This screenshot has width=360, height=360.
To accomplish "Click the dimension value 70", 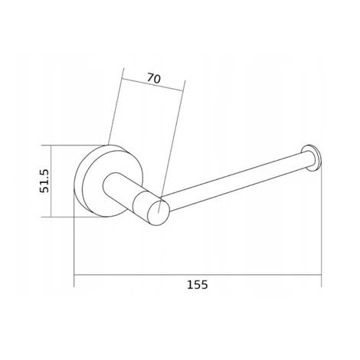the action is tap(154, 78).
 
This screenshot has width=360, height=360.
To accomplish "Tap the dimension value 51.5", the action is tap(45, 181).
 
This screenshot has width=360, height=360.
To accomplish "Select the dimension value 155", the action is tap(198, 284).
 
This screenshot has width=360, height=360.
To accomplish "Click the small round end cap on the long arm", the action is tap(311, 158).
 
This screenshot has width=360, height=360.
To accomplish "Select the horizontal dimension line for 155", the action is tap(198, 275).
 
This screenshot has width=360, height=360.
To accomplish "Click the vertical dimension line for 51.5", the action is tap(51, 182).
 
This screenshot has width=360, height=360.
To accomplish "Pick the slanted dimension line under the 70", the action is tap(153, 84).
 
